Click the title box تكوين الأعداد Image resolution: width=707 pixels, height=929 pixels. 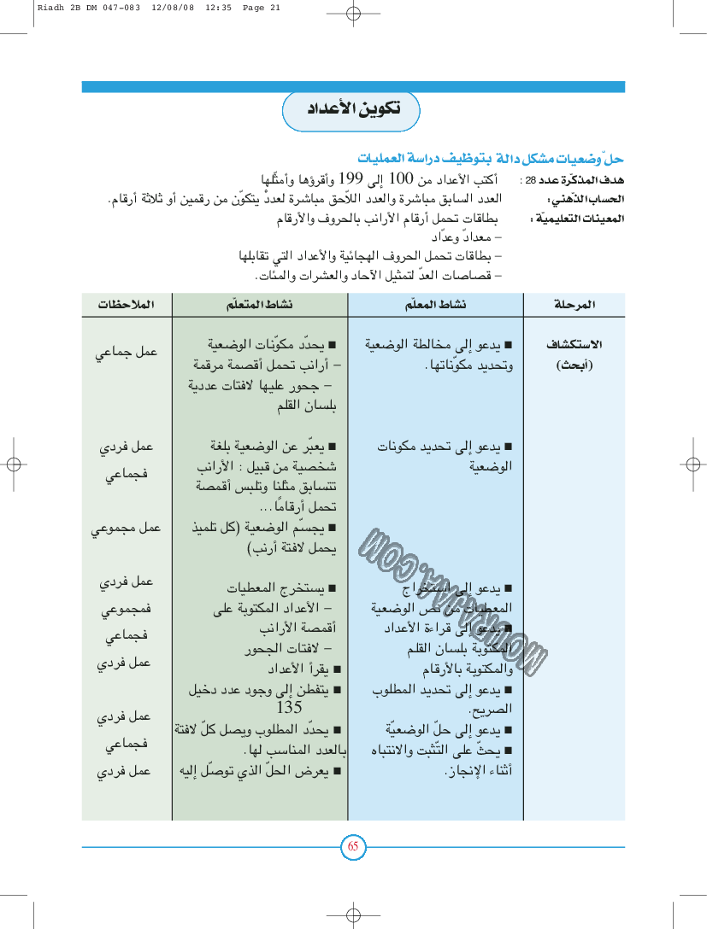(351, 111)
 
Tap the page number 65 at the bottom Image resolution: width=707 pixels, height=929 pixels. (353, 847)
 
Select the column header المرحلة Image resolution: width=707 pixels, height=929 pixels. (574, 305)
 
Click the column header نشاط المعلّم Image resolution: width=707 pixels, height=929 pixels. (435, 305)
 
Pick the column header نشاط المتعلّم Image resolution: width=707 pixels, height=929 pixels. (260, 305)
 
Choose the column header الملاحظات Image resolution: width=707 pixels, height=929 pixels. (126, 305)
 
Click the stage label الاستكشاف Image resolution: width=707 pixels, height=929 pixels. (574, 345)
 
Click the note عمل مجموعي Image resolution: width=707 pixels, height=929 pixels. (126, 529)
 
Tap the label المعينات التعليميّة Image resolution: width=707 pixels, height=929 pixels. (591, 219)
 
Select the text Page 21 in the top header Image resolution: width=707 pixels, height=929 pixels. (262, 8)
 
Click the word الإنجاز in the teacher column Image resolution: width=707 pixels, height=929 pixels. (467, 770)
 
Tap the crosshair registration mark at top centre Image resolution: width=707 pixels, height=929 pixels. (353, 13)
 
